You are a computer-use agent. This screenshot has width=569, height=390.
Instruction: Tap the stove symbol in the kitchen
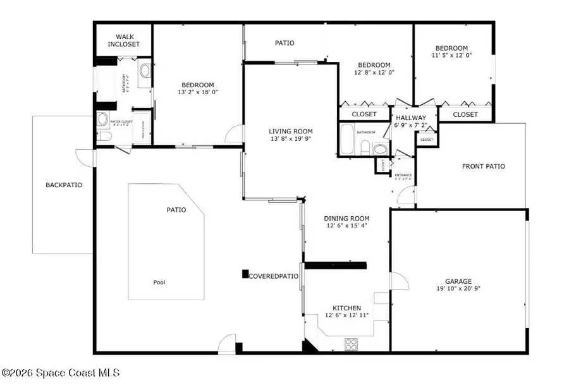tap(352, 344)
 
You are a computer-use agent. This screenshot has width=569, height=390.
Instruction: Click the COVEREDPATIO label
tap(273, 276)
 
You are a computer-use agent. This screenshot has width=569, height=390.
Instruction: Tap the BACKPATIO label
tap(64, 185)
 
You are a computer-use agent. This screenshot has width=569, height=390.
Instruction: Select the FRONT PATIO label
tap(483, 167)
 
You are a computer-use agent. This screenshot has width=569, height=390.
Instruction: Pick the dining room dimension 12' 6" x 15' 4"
tap(347, 226)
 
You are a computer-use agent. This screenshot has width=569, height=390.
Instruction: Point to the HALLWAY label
tap(411, 118)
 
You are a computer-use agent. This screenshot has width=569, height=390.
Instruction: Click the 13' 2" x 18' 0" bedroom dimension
tap(197, 93)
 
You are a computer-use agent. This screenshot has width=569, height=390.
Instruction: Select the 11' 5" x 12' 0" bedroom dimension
tap(451, 56)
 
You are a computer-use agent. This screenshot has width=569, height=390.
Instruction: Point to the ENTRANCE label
tap(403, 175)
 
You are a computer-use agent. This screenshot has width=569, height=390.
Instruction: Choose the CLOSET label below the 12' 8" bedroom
tap(364, 114)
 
